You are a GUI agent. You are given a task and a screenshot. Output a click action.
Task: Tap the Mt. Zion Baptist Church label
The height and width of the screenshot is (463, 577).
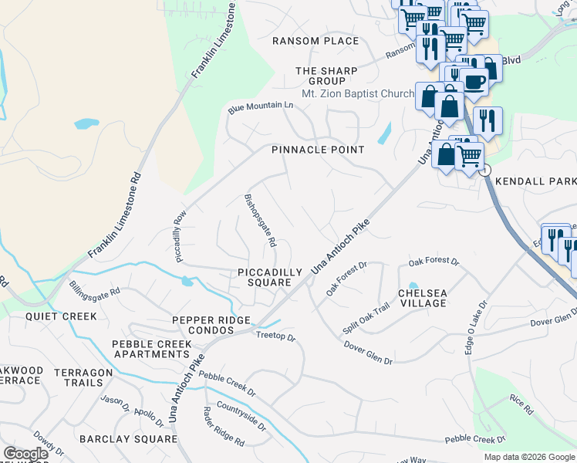point(358,93)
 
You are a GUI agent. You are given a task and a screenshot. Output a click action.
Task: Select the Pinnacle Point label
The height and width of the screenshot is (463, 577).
point(318,150)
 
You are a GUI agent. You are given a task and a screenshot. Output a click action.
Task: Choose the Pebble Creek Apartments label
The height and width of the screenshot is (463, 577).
point(150,349)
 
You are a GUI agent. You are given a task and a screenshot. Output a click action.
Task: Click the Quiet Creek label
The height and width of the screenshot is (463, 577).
point(61,316)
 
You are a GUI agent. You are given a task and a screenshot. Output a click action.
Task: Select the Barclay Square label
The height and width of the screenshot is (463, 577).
point(129,438)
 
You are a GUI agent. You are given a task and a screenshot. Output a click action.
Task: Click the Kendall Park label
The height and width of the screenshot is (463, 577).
point(535,181)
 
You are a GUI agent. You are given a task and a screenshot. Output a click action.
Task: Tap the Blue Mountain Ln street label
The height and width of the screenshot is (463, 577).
point(261,107)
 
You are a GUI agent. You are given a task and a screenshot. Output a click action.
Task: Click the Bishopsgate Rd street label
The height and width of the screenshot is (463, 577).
point(260,219)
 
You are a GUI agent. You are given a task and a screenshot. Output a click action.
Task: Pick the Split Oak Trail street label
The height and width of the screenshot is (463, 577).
point(372,317)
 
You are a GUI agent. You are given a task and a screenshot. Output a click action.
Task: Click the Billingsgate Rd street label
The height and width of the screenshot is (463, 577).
point(95,292)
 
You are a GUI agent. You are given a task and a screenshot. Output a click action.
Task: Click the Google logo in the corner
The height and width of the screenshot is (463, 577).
point(25,454)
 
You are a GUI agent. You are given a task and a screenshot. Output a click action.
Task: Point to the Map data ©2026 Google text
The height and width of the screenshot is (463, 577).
point(528,457)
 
